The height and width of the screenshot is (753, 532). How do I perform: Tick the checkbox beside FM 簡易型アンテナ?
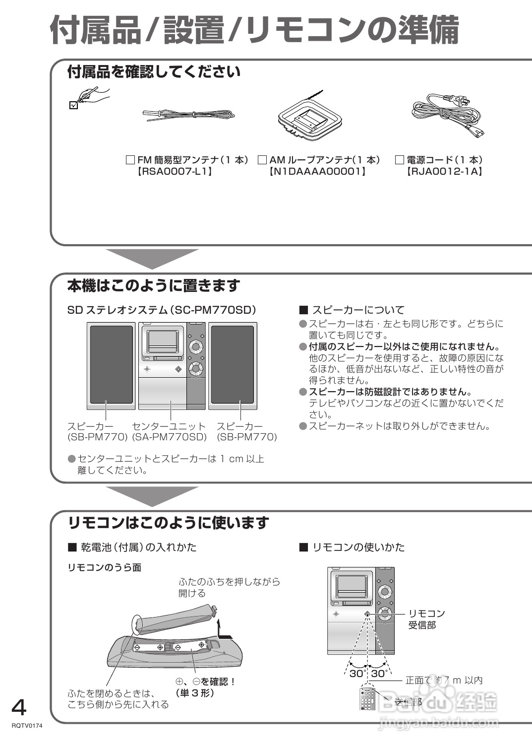[130, 160]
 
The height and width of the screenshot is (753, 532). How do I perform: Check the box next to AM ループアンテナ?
[262, 160]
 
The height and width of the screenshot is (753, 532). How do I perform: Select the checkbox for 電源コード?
[400, 160]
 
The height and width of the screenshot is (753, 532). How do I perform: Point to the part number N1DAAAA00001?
[317, 172]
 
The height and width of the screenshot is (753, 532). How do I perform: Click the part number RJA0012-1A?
[444, 172]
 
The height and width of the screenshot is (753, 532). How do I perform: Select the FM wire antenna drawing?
[188, 115]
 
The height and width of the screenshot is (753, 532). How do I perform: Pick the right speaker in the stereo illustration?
[233, 366]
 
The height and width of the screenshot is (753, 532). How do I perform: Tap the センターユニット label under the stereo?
[169, 426]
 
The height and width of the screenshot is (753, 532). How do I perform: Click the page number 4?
[19, 707]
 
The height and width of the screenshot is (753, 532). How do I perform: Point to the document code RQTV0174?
[27, 726]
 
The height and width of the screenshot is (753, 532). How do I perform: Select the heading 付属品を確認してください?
[154, 72]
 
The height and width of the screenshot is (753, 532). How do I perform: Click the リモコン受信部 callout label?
[426, 619]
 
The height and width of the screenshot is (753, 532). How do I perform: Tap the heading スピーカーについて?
[357, 310]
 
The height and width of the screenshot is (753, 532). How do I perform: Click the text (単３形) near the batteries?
[194, 693]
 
